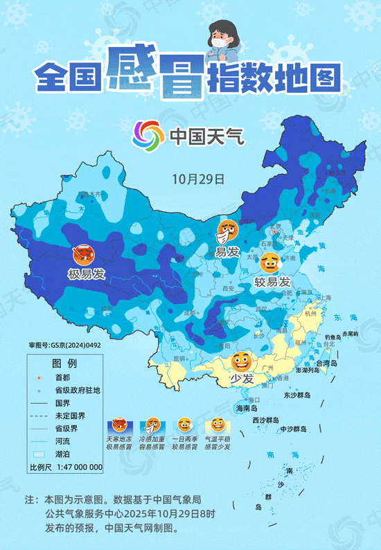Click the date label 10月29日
tap(198, 179)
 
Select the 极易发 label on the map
tap(87, 274)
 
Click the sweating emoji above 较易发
tap(271, 263)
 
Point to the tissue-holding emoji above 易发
tap(228, 231)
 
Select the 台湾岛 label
tap(326, 363)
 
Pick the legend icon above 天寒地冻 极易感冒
tap(119, 426)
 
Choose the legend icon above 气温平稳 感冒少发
tap(217, 426)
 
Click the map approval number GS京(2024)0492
tap(65, 344)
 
